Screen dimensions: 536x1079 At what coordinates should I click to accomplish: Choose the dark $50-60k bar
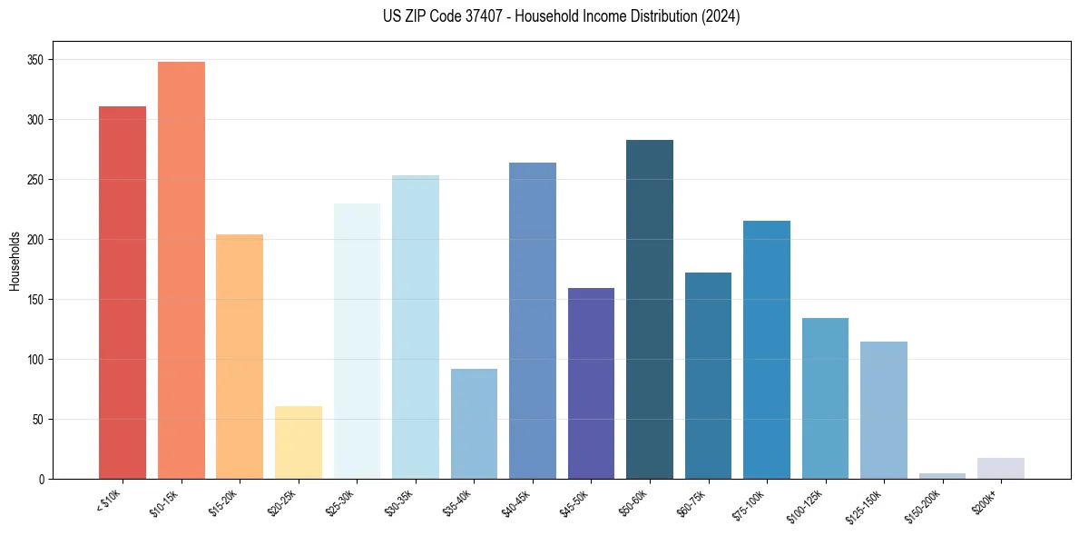click(x=650, y=309)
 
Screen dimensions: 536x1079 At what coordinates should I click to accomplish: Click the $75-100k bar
click(x=767, y=350)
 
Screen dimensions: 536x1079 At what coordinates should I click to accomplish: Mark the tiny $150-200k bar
click(x=942, y=475)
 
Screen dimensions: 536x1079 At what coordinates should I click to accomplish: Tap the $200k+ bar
click(x=1001, y=468)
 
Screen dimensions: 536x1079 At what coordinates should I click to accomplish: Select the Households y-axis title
click(x=15, y=260)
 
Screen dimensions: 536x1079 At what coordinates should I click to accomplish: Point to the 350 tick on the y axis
click(x=38, y=60)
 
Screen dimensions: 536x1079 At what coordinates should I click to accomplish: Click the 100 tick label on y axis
click(x=38, y=360)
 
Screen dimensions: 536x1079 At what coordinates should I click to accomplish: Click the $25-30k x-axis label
click(x=341, y=503)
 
